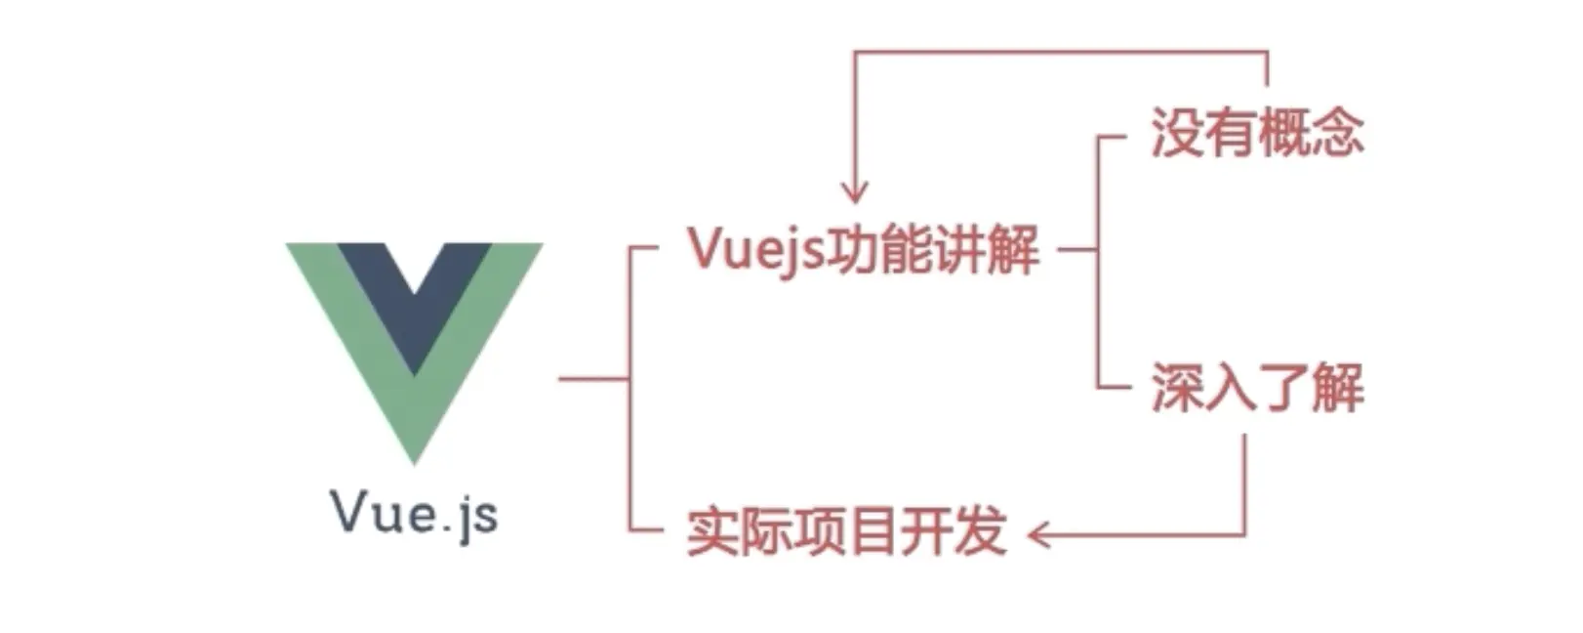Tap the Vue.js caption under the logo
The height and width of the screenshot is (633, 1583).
415,512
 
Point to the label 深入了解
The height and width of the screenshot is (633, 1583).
1257,388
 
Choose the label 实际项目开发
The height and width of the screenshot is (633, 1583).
846,532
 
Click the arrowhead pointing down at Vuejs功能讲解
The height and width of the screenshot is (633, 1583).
855,190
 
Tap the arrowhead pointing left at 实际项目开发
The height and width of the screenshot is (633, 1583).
1039,534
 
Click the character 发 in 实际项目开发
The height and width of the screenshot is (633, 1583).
980,532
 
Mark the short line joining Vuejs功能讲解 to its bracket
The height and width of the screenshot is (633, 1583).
1076,250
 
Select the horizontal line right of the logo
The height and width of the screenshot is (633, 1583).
593,378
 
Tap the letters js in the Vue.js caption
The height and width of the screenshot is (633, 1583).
478,515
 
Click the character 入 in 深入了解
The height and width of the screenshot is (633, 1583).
1231,388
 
